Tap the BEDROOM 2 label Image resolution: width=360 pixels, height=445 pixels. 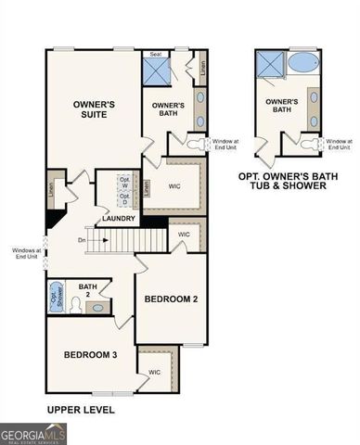tap(172, 299)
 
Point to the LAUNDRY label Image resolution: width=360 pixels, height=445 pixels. tap(120, 219)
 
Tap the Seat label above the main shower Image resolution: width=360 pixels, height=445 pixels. tap(158, 53)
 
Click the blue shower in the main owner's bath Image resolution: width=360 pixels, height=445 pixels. tap(156, 70)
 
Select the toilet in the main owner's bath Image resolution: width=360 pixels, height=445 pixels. tap(195, 144)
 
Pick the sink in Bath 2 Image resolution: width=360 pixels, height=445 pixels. tap(100, 305)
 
